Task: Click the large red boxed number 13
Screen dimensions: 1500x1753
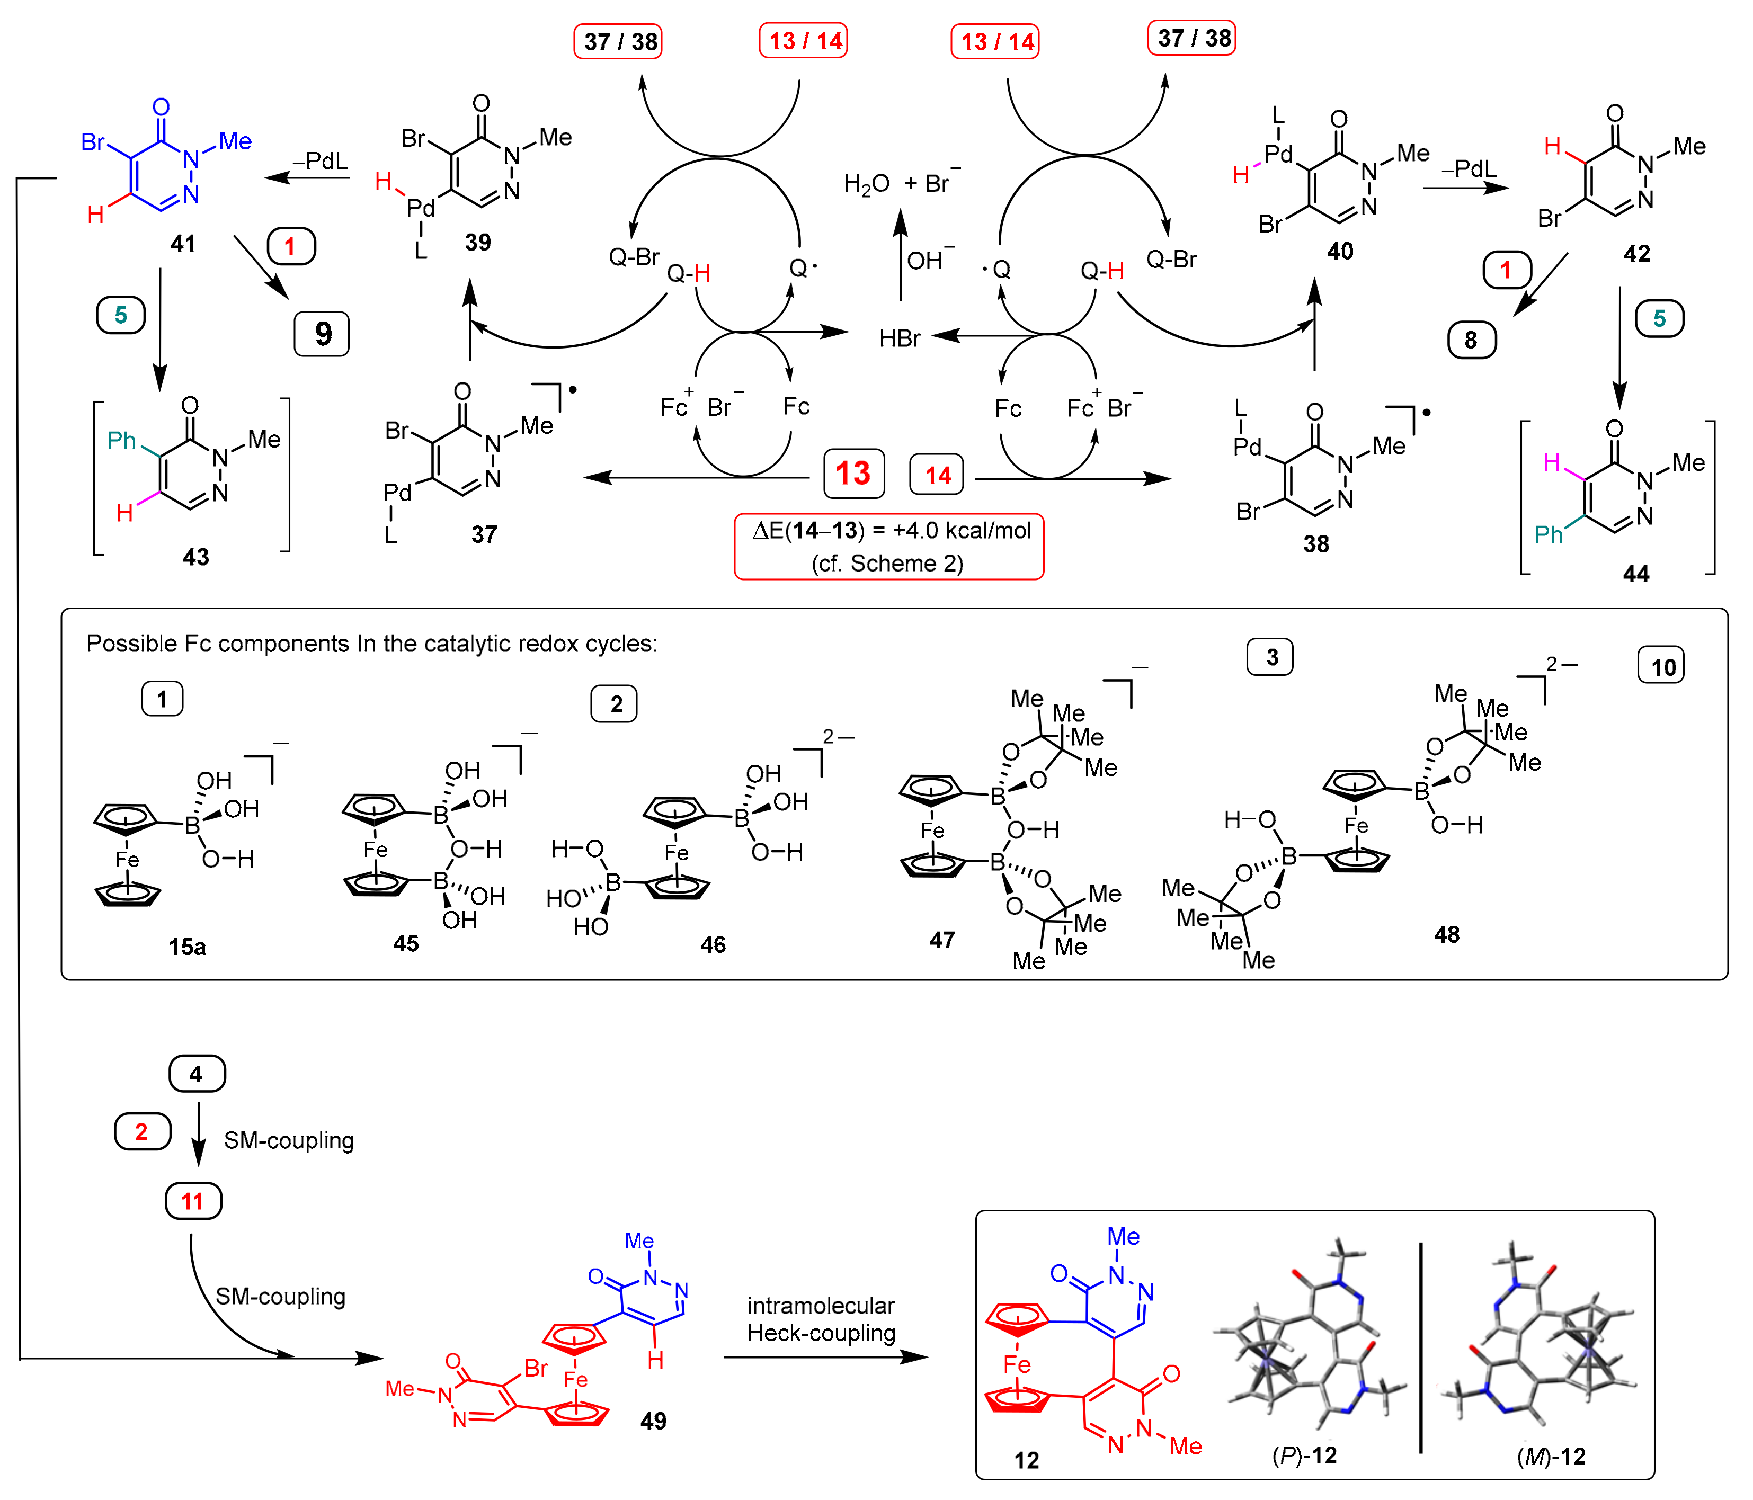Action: pos(853,474)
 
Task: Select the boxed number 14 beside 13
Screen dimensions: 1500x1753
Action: pos(937,476)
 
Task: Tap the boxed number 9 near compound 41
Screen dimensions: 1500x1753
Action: pos(322,334)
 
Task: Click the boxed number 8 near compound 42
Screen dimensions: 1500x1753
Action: pos(1471,340)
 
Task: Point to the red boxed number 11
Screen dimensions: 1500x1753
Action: pos(192,1201)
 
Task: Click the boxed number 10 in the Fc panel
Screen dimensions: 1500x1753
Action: pos(1662,667)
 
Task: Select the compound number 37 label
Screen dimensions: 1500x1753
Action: pos(484,534)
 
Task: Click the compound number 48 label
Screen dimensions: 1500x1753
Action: pos(1447,935)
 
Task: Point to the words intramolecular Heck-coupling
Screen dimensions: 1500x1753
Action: pos(821,1320)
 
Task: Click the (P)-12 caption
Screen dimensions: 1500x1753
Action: pos(1305,1456)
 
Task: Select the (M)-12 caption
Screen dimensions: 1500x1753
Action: pos(1551,1457)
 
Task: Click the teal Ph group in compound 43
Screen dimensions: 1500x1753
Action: pos(121,441)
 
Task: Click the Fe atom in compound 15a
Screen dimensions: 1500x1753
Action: pos(127,860)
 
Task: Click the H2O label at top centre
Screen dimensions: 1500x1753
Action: pos(866,184)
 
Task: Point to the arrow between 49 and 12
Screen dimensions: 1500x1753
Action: pos(825,1357)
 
